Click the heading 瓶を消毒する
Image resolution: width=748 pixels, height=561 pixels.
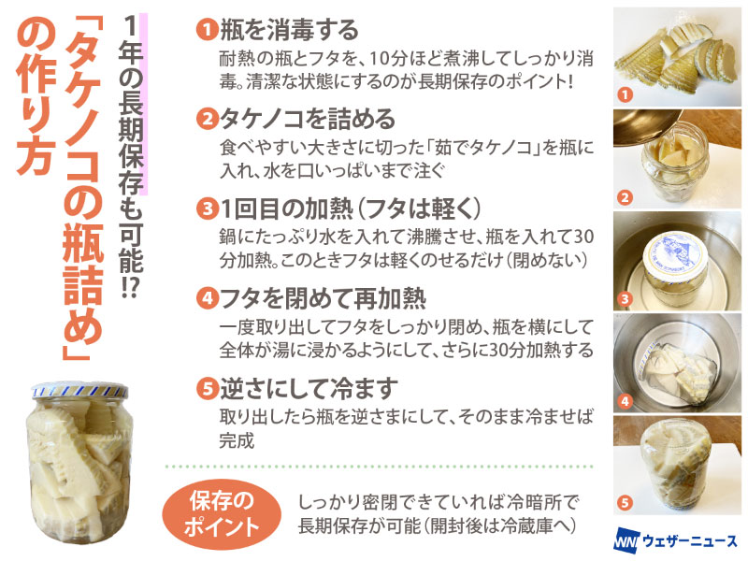pyautogui.click(x=289, y=30)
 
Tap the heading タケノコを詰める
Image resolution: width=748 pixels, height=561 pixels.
pyautogui.click(x=308, y=119)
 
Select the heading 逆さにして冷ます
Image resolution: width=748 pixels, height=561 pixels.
pyautogui.click(x=309, y=389)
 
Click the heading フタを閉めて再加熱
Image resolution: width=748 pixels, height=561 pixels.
pyautogui.click(x=323, y=299)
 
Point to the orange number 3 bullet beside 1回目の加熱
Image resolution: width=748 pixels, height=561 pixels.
pyautogui.click(x=207, y=209)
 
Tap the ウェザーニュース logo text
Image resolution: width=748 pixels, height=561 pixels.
pyautogui.click(x=690, y=540)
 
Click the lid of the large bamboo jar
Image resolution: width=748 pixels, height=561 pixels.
pyautogui.click(x=79, y=390)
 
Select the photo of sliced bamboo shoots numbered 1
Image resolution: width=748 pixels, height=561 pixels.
pyautogui.click(x=677, y=57)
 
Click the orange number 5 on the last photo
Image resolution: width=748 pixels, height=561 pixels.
pyautogui.click(x=625, y=502)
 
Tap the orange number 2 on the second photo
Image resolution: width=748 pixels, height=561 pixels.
pyautogui.click(x=625, y=197)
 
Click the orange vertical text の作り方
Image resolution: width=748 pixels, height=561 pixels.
pyautogui.click(x=36, y=98)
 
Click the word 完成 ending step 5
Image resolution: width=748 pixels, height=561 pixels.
pyautogui.click(x=237, y=440)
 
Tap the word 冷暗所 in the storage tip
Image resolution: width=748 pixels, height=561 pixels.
pyautogui.click(x=534, y=502)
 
